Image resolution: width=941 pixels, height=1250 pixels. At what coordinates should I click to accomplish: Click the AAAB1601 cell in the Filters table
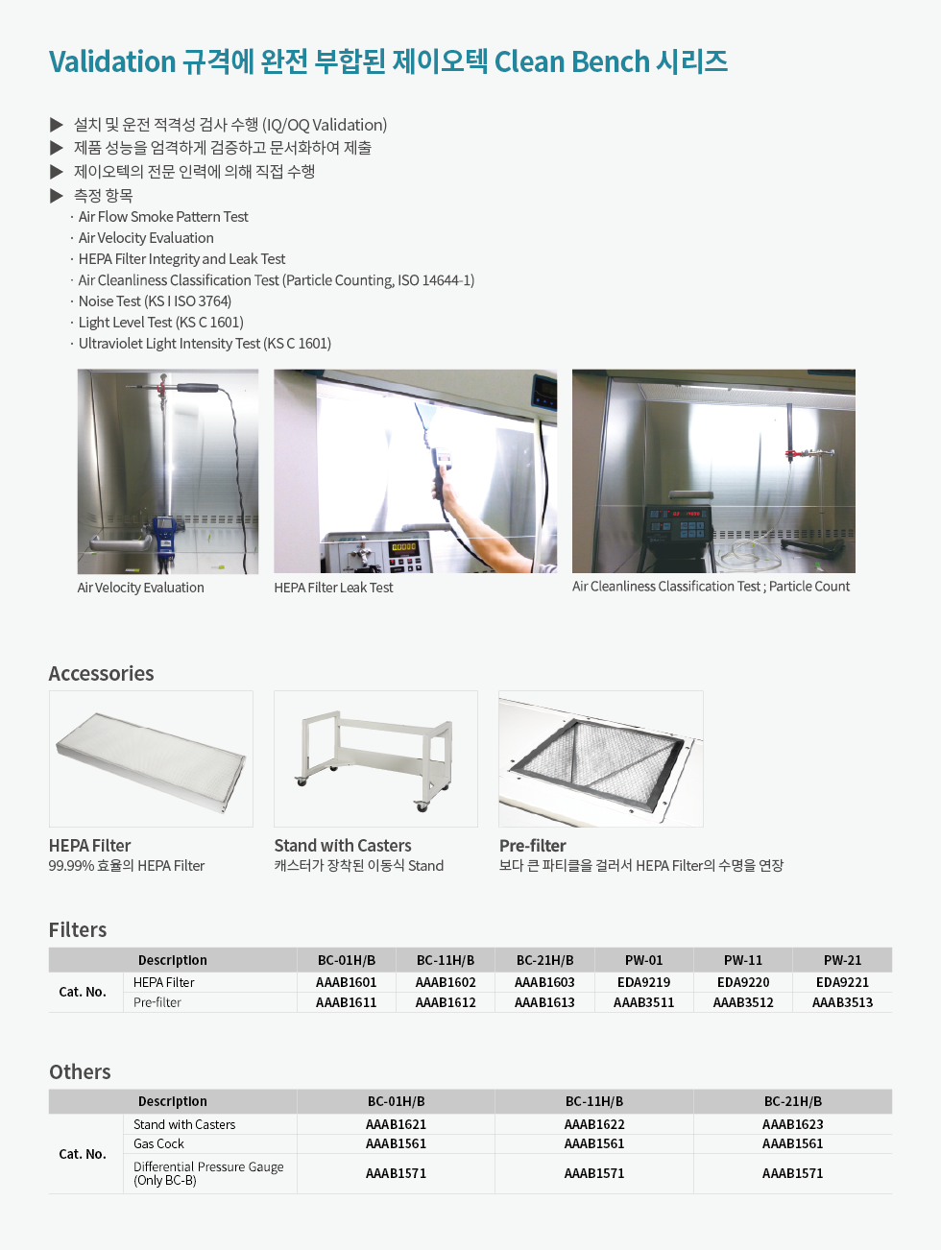click(x=346, y=982)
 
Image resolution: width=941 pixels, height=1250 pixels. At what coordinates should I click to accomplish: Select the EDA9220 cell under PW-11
click(x=743, y=982)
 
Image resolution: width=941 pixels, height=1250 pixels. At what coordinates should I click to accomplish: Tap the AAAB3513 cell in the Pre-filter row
click(x=842, y=1002)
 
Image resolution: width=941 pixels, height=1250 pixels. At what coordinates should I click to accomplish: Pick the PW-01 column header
click(x=643, y=960)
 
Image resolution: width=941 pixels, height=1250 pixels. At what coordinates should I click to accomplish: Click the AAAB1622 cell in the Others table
click(x=594, y=1124)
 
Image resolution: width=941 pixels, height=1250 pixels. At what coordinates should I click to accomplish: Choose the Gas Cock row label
click(x=158, y=1143)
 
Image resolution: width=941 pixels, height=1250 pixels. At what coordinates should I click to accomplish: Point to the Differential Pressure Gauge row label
click(x=208, y=1173)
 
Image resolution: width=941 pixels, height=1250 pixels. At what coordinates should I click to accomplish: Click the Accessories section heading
click(x=101, y=674)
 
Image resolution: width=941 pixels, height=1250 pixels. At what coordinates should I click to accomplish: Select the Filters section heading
click(x=78, y=930)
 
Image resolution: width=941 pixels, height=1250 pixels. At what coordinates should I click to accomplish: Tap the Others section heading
click(x=80, y=1072)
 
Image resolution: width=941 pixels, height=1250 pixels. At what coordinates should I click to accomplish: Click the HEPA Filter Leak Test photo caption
click(x=333, y=588)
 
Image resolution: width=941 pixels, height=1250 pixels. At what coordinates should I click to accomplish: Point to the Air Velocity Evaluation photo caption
click(x=140, y=588)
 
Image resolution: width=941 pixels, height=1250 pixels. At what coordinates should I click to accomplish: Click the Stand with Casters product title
click(x=343, y=846)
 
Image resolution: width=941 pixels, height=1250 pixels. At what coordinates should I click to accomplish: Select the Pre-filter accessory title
click(x=532, y=846)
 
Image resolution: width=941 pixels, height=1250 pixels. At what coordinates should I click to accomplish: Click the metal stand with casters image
click(x=375, y=758)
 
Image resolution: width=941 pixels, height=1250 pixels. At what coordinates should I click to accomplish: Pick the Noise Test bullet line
click(x=155, y=301)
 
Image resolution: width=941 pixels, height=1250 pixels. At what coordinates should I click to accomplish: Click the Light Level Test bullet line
click(x=160, y=323)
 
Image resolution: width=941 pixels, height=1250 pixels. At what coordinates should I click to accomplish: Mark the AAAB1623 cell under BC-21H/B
click(x=792, y=1124)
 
